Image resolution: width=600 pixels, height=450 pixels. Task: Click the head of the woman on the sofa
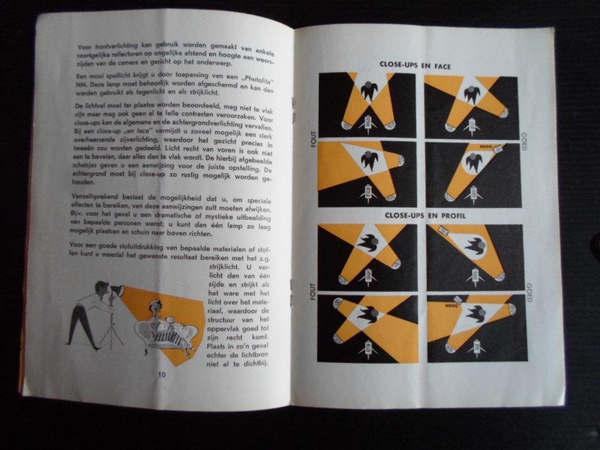pyautogui.click(x=156, y=306)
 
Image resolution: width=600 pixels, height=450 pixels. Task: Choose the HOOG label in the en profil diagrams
pyautogui.click(x=451, y=305)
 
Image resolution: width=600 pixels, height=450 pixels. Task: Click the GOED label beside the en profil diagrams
pyautogui.click(x=529, y=292)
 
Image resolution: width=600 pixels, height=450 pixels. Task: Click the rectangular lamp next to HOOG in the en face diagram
pyautogui.click(x=498, y=150)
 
